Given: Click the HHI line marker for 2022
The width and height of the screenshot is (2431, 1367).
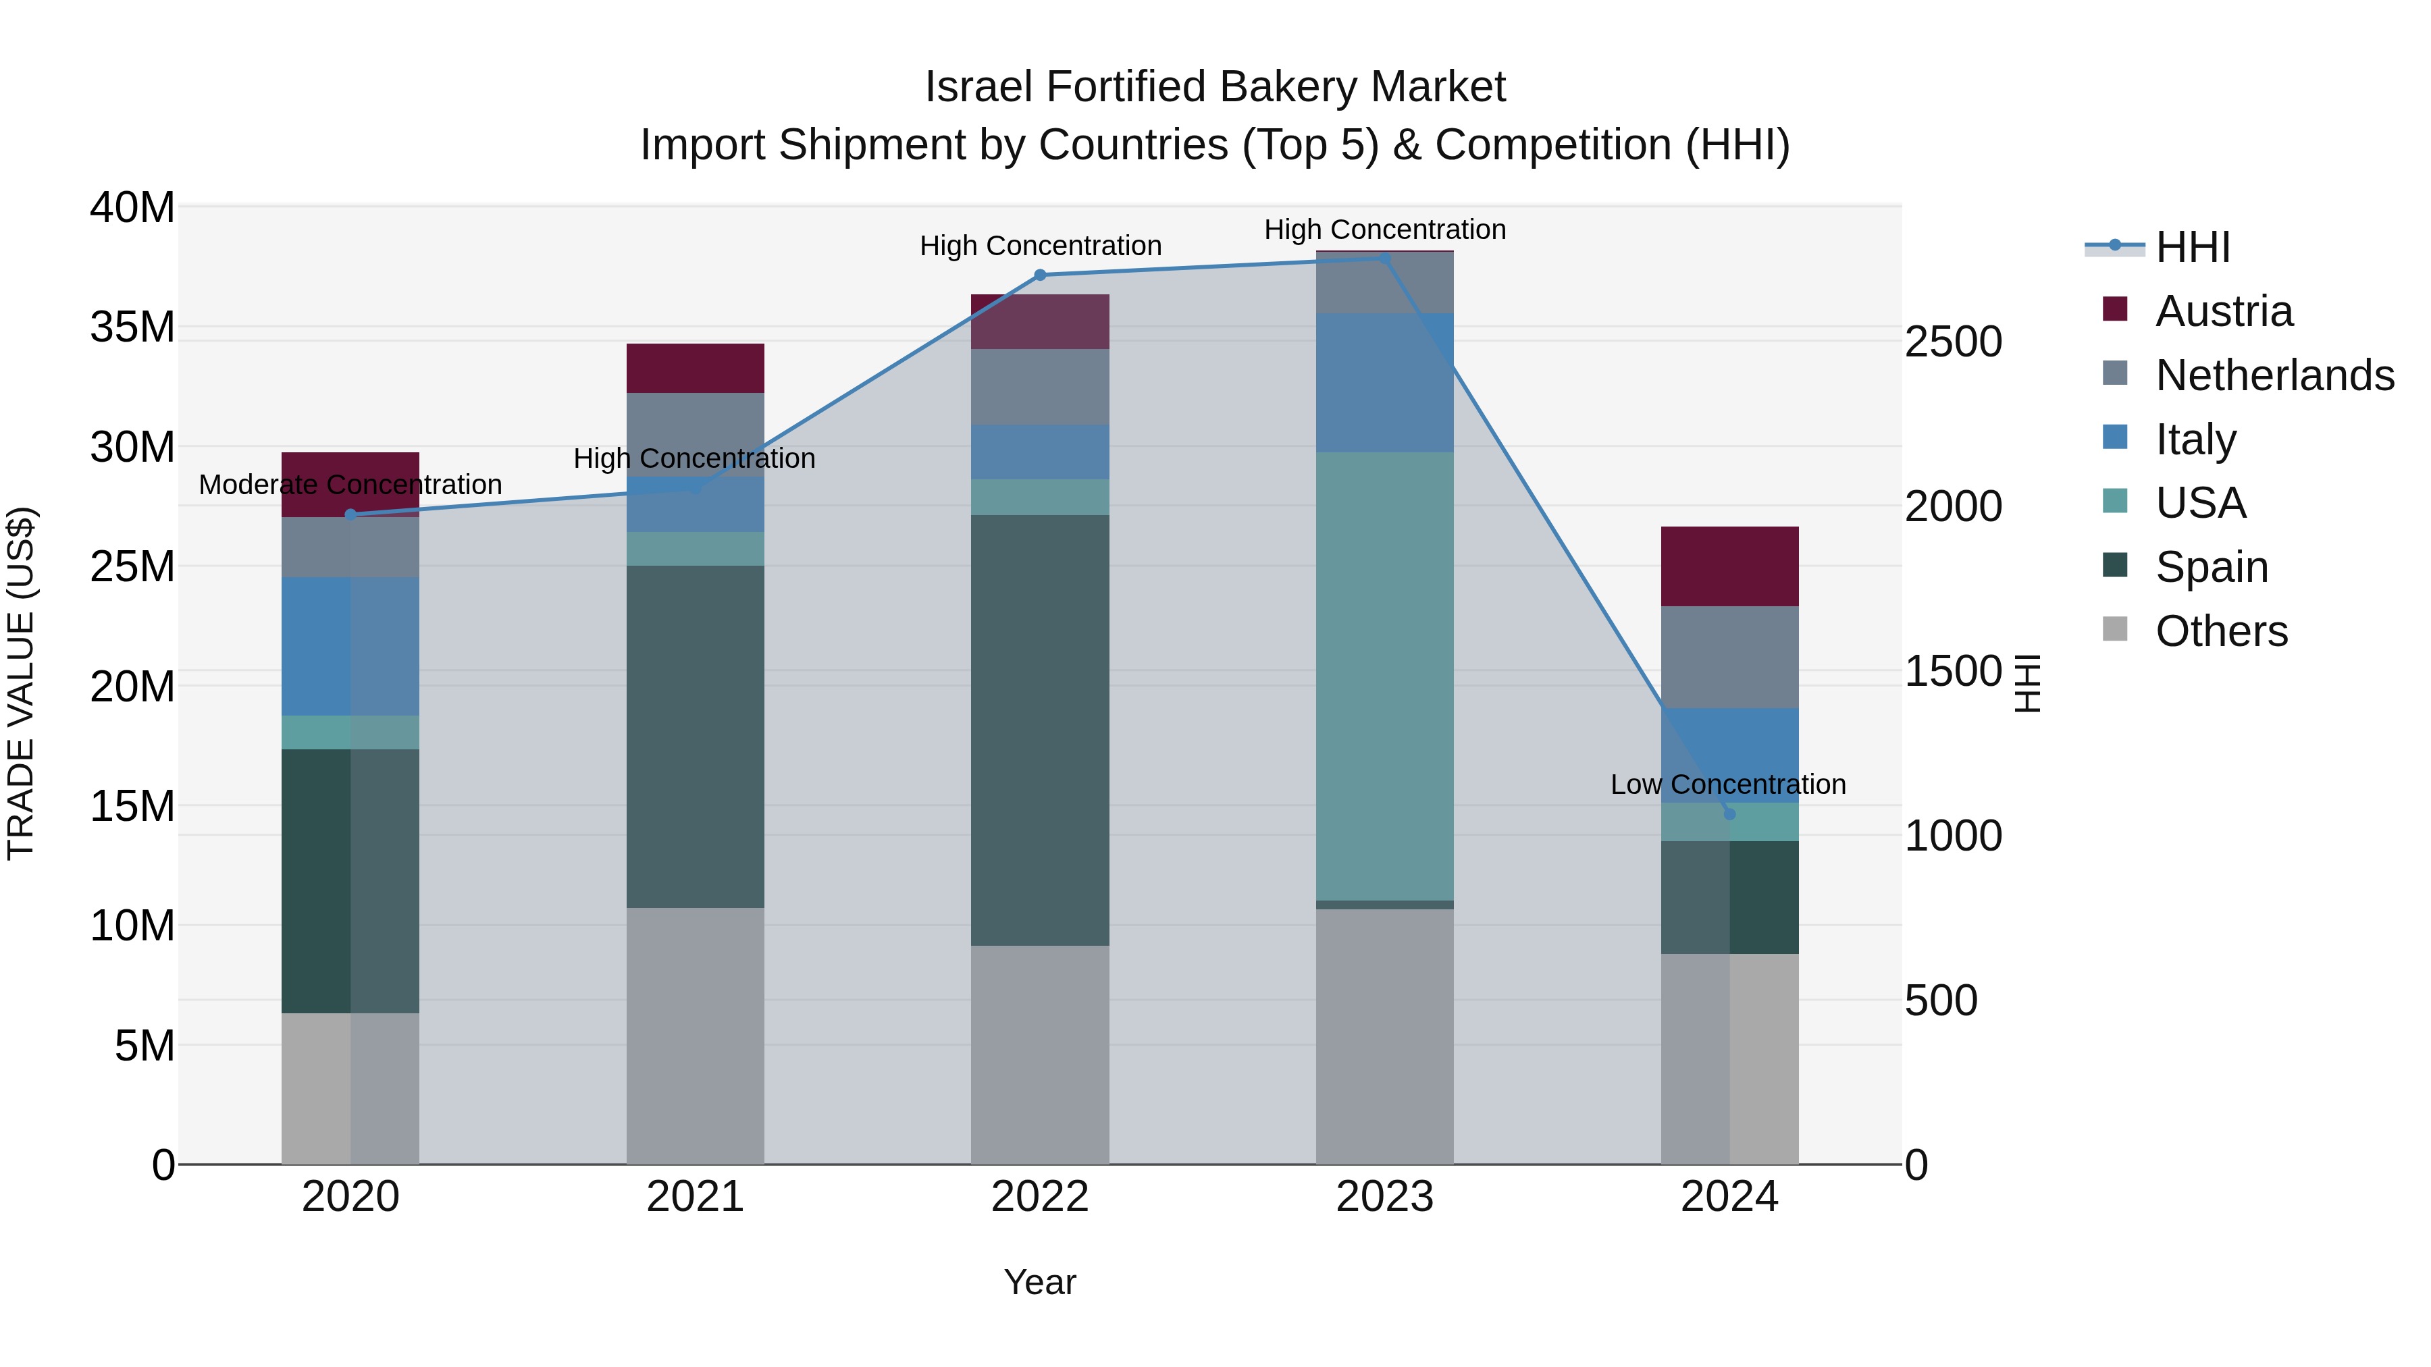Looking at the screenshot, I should click(1040, 275).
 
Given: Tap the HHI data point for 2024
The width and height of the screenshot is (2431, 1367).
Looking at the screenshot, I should click(1729, 814).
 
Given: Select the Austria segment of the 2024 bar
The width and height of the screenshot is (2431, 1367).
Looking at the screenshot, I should click(1729, 566).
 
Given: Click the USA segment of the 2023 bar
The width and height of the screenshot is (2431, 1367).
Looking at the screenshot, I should click(1384, 676).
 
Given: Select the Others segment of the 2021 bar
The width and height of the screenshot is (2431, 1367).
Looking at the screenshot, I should click(695, 1035).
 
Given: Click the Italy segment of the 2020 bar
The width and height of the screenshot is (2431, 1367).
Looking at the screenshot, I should click(350, 646).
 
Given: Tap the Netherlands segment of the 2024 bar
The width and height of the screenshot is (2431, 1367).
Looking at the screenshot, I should click(1729, 657).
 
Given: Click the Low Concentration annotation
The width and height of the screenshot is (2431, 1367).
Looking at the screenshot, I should click(1727, 784).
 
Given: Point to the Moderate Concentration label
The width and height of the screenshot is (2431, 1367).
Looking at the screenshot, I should click(350, 484).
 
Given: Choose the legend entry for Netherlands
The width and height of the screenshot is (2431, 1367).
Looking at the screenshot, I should click(2274, 375).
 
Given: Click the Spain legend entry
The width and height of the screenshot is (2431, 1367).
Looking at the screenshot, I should click(2211, 567).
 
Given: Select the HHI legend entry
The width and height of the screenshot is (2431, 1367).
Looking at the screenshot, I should click(2192, 247).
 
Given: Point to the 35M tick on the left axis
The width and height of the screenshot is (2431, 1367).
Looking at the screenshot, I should click(132, 327).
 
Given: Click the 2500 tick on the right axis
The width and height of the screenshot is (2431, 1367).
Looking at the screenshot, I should click(1952, 342).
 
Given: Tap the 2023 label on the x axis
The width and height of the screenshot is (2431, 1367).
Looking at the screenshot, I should click(1384, 1197).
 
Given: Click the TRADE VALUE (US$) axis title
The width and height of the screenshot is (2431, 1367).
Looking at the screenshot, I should click(21, 683).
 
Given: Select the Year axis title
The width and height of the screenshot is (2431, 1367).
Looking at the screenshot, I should click(1040, 1282).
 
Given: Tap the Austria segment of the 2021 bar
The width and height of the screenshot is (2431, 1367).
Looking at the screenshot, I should click(695, 368).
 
